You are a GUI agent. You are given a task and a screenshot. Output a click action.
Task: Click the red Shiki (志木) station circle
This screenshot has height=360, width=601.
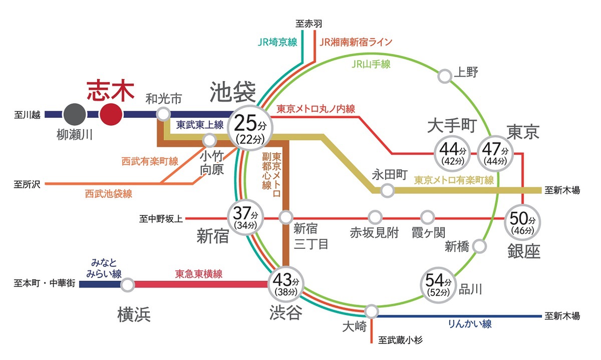[x=111, y=114]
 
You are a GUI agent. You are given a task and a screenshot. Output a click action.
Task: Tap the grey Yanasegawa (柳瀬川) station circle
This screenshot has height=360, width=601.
[x=74, y=114]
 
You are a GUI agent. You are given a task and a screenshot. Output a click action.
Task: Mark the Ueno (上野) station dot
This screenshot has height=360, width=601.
[x=444, y=76]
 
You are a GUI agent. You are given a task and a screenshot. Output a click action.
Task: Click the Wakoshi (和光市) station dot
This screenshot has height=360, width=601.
[x=163, y=114]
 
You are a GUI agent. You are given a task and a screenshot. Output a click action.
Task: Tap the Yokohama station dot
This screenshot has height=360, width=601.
[x=128, y=285]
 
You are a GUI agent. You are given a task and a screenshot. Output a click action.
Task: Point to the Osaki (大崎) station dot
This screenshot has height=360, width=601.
[x=371, y=311]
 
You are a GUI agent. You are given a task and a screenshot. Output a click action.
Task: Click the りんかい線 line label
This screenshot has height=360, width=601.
[x=469, y=324]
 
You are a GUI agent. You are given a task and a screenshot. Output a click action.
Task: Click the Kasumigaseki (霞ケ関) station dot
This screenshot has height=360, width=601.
[x=427, y=217]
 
